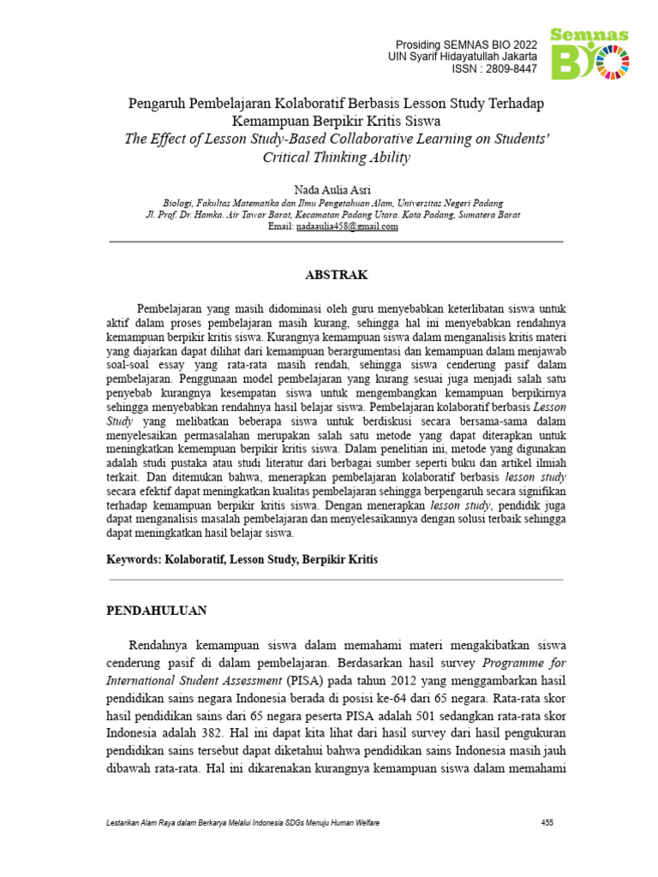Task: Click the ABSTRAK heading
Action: pyautogui.click(x=337, y=275)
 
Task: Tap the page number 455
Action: pyautogui.click(x=547, y=823)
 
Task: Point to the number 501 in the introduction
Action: pyautogui.click(x=467, y=716)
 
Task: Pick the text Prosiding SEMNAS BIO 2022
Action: pyautogui.click(x=465, y=44)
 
